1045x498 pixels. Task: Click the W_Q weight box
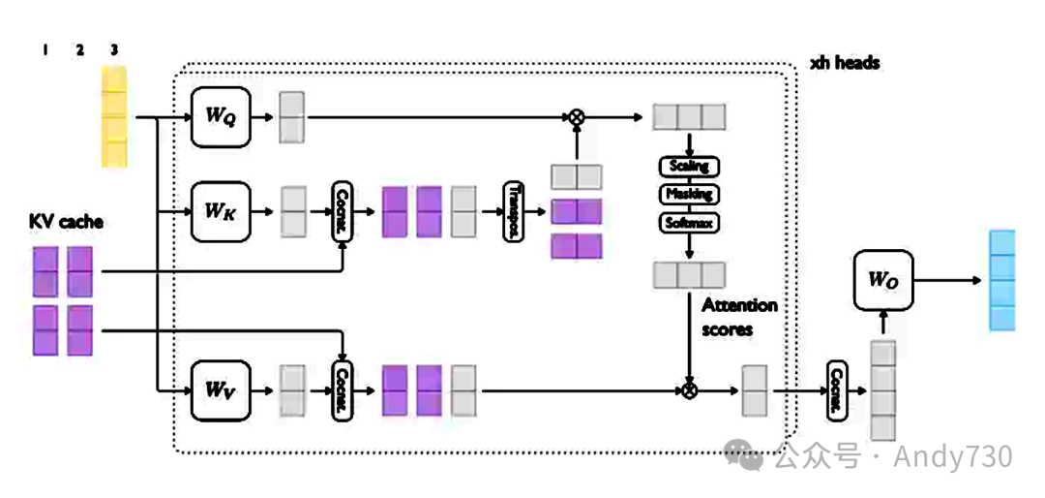point(221,116)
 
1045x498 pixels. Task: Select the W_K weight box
point(221,209)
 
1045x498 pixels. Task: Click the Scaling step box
point(688,167)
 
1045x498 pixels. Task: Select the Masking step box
point(688,195)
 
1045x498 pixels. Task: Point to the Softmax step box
point(688,223)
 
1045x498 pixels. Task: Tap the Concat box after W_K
point(342,209)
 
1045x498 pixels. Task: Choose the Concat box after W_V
point(342,389)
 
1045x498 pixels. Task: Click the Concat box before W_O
point(836,390)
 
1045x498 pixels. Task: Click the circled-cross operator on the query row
point(577,117)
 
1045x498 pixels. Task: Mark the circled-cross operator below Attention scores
point(689,390)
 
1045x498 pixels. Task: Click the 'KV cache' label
point(66,222)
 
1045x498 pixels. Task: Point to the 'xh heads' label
point(845,63)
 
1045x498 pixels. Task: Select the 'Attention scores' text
point(739,317)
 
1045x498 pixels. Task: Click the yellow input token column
point(114,116)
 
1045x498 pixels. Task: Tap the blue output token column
point(1002,281)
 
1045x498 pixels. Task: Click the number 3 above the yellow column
point(114,50)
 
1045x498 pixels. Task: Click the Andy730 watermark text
point(952,456)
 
